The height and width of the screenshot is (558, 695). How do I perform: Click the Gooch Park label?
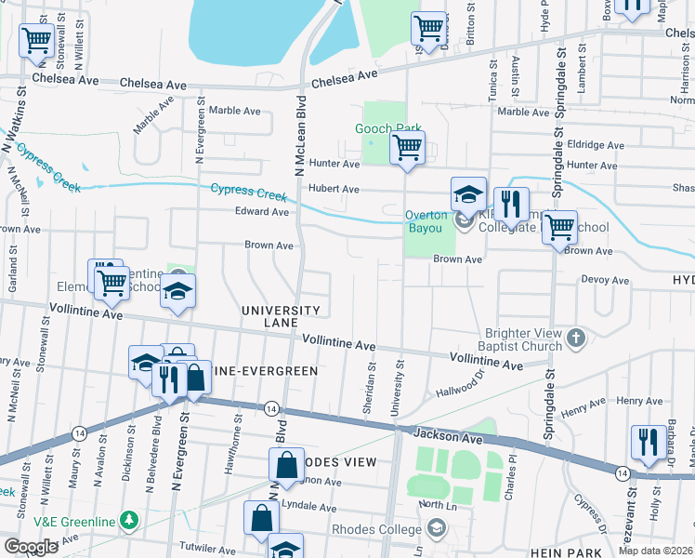[387, 128]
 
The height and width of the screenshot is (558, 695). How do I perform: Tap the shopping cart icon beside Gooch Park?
[407, 148]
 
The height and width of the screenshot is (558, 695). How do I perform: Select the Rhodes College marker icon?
[437, 529]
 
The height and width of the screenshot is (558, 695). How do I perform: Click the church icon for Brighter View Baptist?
[576, 338]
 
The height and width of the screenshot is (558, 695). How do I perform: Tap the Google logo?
[31, 547]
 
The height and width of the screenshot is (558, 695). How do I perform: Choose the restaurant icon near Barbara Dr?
[648, 442]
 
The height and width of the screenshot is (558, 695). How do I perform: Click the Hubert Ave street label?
[334, 189]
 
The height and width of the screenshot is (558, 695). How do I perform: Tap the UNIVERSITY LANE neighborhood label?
[281, 316]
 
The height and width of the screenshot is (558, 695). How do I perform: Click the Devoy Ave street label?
[605, 280]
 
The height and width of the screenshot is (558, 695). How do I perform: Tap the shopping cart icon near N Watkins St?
[36, 41]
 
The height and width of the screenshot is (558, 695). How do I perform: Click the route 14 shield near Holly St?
[622, 473]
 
